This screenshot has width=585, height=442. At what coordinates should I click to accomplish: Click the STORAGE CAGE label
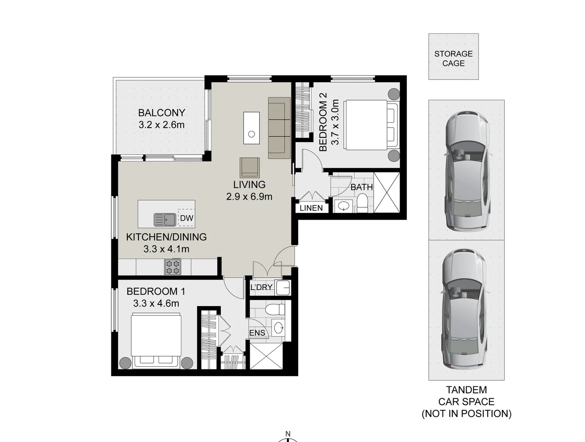click(453, 59)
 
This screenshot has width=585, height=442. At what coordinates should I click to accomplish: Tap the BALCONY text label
click(161, 113)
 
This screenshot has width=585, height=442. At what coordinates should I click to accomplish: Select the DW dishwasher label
click(186, 218)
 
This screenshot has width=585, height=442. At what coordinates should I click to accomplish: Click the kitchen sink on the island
click(165, 220)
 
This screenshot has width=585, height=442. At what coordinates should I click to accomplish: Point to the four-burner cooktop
click(172, 268)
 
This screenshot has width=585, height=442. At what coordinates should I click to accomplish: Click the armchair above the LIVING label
click(249, 167)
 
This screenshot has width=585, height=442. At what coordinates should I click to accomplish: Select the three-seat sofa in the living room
click(276, 128)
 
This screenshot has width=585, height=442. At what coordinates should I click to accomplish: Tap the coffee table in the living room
click(251, 128)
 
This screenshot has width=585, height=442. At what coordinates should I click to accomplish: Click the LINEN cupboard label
click(311, 208)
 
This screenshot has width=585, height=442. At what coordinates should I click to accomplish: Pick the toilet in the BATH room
click(362, 203)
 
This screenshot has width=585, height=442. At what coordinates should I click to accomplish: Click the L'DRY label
click(261, 287)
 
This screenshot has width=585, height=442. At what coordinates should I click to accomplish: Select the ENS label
click(257, 333)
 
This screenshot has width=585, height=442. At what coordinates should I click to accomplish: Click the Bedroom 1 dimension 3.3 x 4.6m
click(156, 303)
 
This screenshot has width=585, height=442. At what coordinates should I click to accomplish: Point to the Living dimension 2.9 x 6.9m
click(249, 196)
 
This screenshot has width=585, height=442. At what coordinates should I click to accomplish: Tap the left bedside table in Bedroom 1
click(125, 363)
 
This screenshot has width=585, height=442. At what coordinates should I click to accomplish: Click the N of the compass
click(288, 434)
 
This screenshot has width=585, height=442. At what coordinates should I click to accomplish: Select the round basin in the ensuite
click(278, 327)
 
